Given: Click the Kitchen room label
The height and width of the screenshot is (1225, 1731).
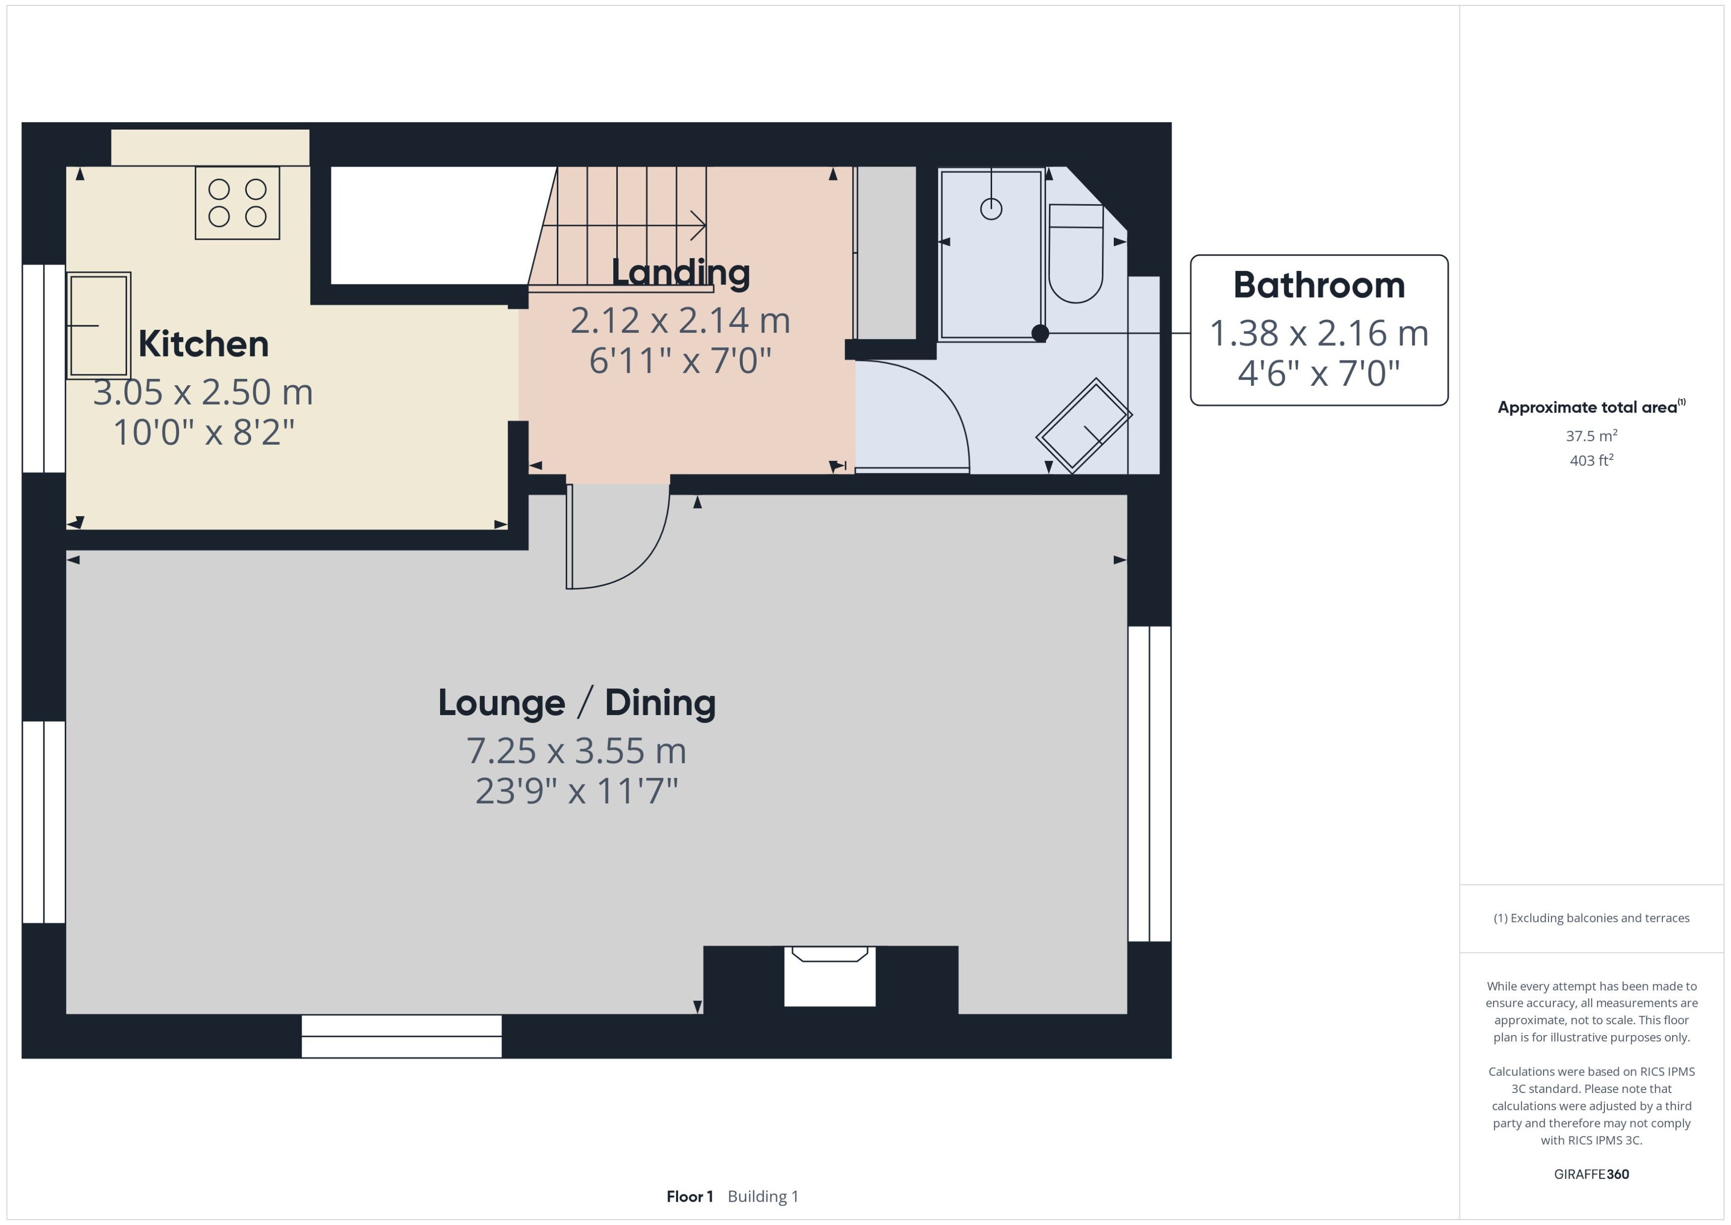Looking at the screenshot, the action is [x=204, y=344].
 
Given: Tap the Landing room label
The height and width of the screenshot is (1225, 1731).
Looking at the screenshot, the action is [x=681, y=272].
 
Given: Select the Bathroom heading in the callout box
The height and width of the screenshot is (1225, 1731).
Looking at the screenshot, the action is [x=1319, y=285].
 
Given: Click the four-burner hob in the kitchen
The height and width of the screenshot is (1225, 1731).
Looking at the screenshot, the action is [x=237, y=203].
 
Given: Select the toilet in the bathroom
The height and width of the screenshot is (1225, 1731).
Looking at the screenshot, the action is [x=1076, y=253].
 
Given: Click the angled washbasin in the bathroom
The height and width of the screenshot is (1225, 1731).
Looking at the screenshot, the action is [x=1084, y=425].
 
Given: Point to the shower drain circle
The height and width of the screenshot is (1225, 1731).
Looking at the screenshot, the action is [x=991, y=209].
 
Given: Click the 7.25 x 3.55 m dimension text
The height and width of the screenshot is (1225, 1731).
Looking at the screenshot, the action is [x=577, y=751].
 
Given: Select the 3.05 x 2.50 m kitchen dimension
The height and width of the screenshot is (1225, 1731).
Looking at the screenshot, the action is [x=203, y=392].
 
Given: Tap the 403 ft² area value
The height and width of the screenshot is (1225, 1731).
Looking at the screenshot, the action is [x=1592, y=460].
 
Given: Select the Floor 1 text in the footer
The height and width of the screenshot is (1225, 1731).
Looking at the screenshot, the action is [x=689, y=1196].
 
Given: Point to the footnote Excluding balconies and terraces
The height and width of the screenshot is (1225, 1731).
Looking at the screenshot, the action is [x=1592, y=918].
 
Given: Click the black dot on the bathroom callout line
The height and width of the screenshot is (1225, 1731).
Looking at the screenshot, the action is [x=1040, y=333].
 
